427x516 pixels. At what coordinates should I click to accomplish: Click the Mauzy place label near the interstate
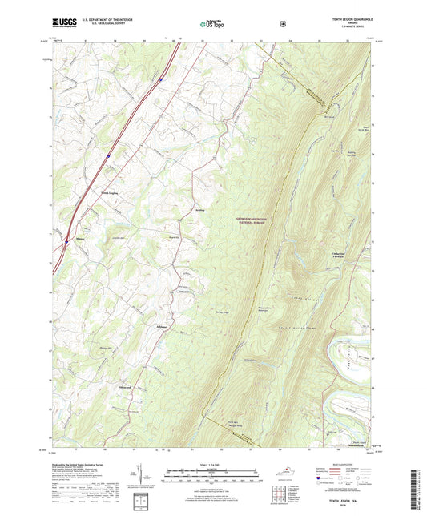79,237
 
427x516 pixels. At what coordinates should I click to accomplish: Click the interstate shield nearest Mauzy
66,238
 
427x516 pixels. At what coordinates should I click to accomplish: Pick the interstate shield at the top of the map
161,79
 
